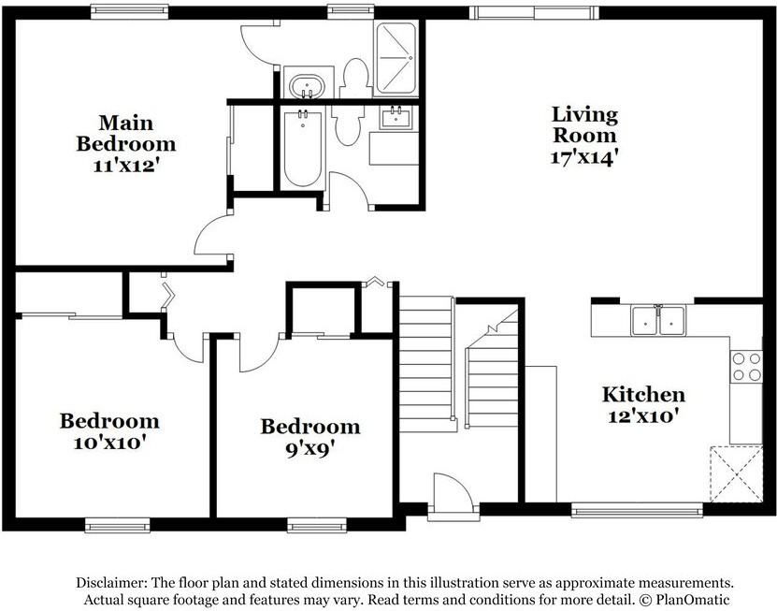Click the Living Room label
pos(584,124)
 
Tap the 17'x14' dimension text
pos(584,157)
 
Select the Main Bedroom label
pos(126,133)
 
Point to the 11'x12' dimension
pos(126,166)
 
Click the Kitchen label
pos(643,394)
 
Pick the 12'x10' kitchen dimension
pos(643,415)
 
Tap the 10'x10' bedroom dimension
pos(109,442)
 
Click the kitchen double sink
pos(658,321)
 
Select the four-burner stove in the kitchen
pos(746,367)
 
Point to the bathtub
pos(303,148)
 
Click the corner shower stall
pos(395,59)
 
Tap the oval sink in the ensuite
pos(307,87)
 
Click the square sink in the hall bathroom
pos(396,118)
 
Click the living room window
pos(534,12)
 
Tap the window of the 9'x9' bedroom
pos(317,525)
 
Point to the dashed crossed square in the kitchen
pos(737,474)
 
